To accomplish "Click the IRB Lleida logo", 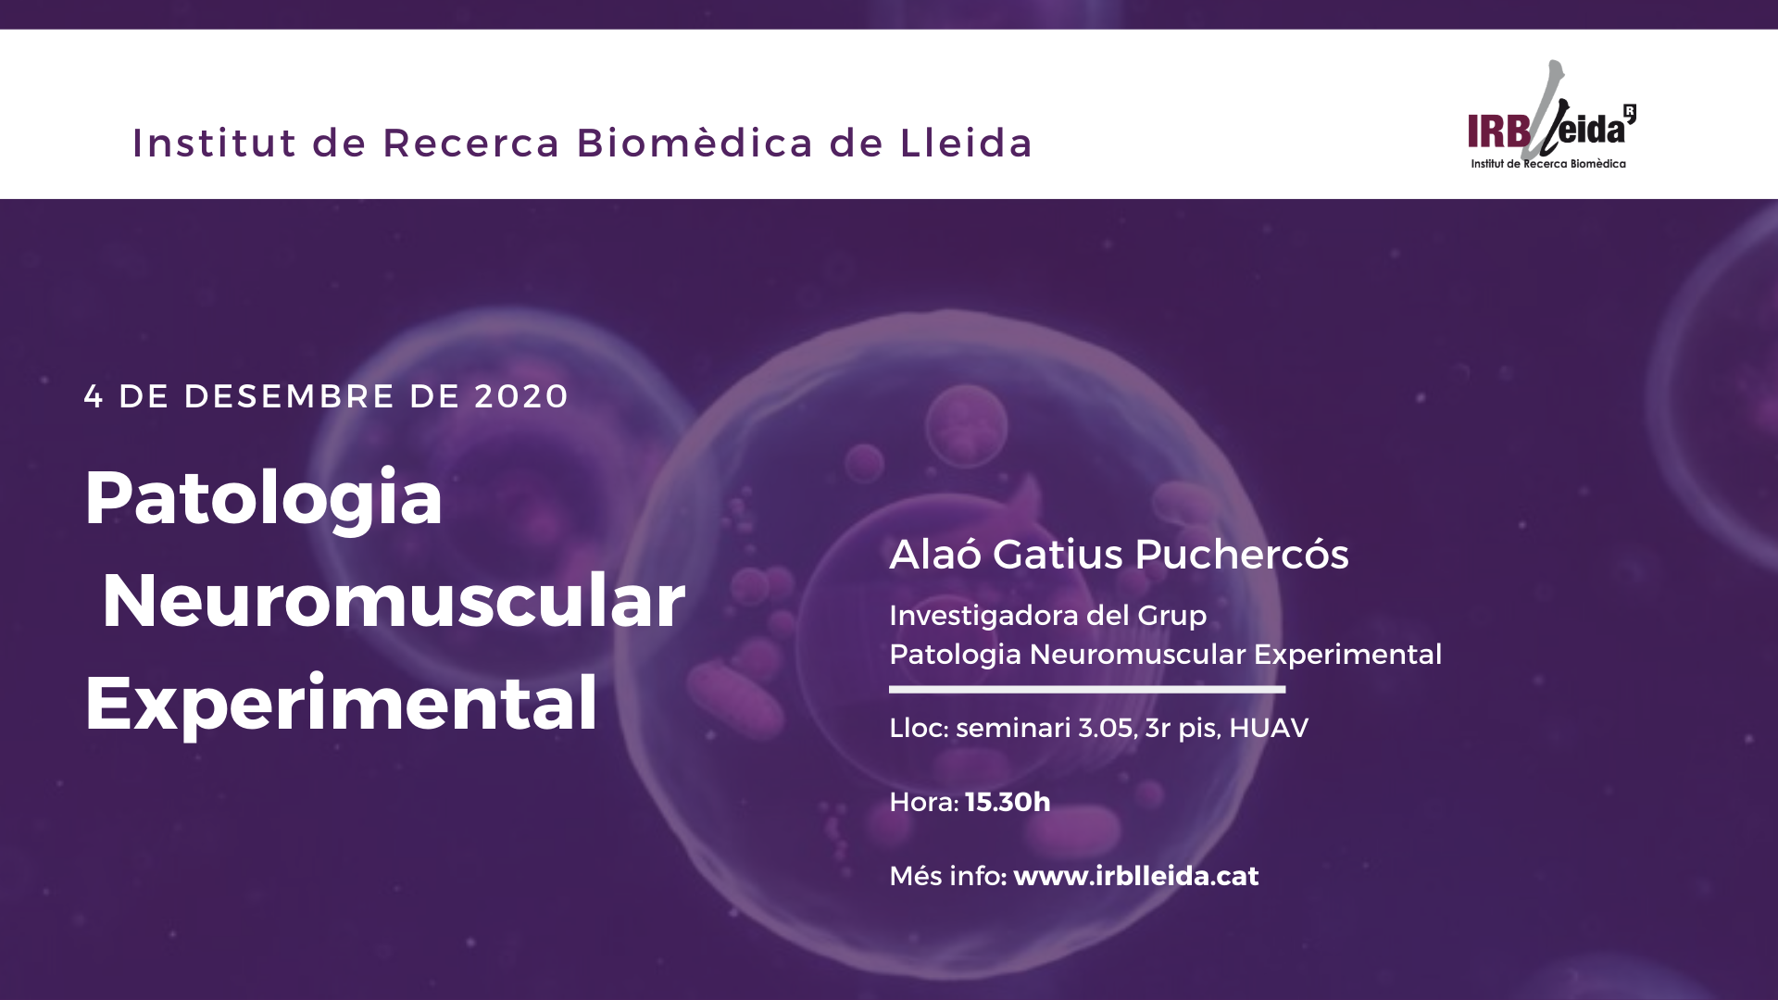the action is pyautogui.click(x=1551, y=116).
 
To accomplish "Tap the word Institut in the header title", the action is pyautogui.click(x=214, y=144).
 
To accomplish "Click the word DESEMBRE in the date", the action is pyautogui.click(x=290, y=396).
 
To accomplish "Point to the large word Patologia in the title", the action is pyautogui.click(x=264, y=499).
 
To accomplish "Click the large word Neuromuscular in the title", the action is pyautogui.click(x=394, y=601).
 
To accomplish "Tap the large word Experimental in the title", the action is pyautogui.click(x=341, y=705).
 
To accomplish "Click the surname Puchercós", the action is pyautogui.click(x=1241, y=555).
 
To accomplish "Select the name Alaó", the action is pyautogui.click(x=935, y=554).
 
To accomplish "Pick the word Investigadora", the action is pyautogui.click(x=983, y=617).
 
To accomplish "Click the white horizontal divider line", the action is pyautogui.click(x=1087, y=689).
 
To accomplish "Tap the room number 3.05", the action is pyautogui.click(x=1108, y=729).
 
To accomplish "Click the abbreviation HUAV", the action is pyautogui.click(x=1269, y=729).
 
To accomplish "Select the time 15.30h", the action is pyautogui.click(x=1008, y=802).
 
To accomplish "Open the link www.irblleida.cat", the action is pyautogui.click(x=1136, y=876).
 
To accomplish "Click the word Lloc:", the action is pyautogui.click(x=919, y=729).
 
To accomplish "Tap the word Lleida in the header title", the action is pyautogui.click(x=966, y=144).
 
